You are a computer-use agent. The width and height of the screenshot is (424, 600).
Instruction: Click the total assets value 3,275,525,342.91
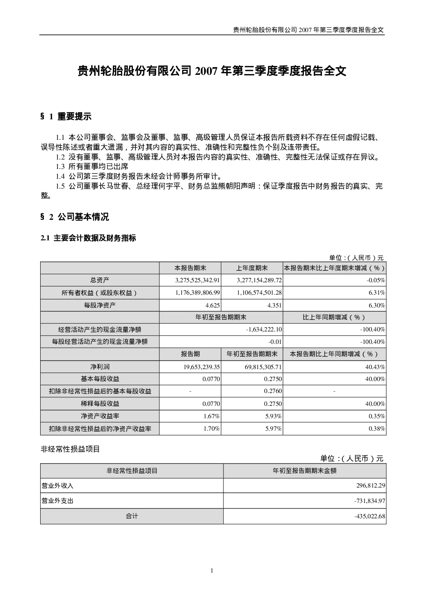click(197, 280)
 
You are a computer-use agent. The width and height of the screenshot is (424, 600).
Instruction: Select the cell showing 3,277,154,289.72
click(259, 280)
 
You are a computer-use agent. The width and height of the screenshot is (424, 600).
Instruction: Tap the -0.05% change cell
click(376, 280)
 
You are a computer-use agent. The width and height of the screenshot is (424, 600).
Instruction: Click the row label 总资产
click(100, 280)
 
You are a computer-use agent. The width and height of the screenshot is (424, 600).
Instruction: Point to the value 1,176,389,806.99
click(197, 293)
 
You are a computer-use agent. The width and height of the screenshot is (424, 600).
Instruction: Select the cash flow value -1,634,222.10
click(264, 329)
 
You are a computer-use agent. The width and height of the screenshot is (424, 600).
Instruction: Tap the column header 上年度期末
click(252, 268)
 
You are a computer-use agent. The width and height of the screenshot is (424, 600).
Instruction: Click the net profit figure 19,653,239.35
click(202, 367)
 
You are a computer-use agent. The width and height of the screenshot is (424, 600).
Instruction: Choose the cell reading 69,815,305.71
click(263, 367)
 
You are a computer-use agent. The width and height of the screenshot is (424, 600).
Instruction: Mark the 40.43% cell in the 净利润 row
click(375, 367)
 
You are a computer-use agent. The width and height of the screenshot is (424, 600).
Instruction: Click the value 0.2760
click(273, 391)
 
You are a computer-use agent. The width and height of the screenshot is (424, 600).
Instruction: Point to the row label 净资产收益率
click(100, 416)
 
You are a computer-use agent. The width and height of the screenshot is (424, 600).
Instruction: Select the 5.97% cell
click(273, 429)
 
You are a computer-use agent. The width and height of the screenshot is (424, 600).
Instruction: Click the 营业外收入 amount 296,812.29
click(371, 485)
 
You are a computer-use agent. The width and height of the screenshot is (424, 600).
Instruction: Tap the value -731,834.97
click(370, 501)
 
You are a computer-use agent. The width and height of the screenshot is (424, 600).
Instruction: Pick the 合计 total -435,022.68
click(370, 516)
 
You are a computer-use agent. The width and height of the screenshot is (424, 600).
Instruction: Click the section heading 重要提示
click(74, 116)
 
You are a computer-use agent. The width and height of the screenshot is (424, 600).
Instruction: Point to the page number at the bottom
click(212, 571)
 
